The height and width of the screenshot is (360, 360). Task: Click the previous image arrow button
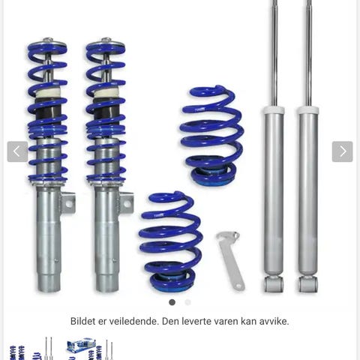tap(17, 151)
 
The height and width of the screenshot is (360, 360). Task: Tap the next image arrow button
tap(342, 151)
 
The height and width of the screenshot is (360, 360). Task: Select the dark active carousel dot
tap(172, 302)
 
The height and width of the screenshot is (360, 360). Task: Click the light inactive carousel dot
tap(187, 302)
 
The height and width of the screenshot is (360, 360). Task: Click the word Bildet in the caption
tap(82, 321)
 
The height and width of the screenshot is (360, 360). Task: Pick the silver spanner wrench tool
tap(230, 260)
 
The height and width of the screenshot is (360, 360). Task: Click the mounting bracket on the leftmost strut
tap(68, 203)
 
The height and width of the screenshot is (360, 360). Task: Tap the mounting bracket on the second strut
tap(127, 203)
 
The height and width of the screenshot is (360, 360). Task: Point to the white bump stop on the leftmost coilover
tap(46, 94)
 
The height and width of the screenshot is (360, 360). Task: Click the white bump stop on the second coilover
tap(105, 94)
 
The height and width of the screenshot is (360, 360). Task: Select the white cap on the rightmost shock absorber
tap(308, 109)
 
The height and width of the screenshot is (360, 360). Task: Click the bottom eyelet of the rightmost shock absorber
tap(308, 284)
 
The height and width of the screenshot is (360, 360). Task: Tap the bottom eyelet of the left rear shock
tap(274, 284)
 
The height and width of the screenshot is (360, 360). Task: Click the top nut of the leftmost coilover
tap(47, 40)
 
